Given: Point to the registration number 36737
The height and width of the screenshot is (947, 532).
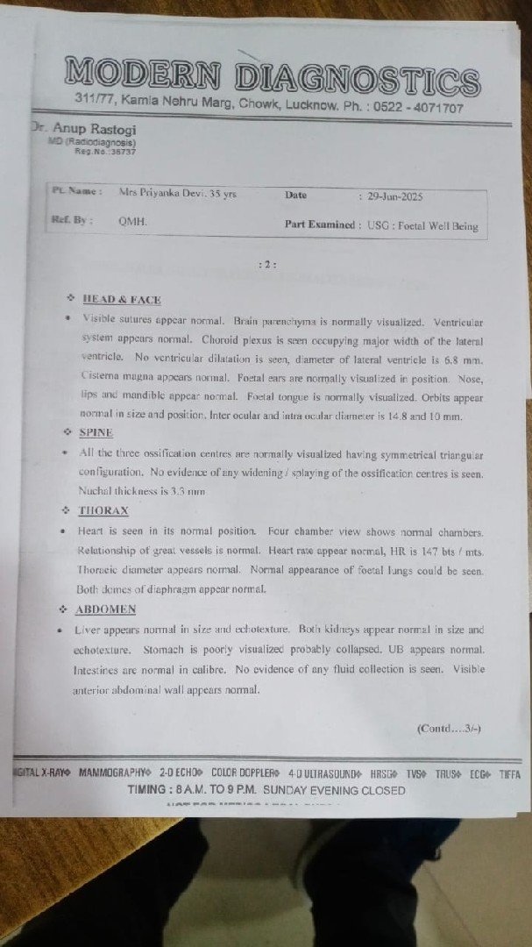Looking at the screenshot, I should (124, 152).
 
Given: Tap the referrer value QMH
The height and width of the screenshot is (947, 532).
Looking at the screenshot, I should (133, 222).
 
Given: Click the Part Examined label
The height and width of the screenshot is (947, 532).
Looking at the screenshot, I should (320, 224).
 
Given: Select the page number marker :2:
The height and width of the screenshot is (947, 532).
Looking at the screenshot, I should (267, 263).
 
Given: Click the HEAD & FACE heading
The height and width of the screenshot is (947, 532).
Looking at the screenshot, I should (122, 300).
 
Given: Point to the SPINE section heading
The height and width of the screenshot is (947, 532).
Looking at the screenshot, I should (96, 432).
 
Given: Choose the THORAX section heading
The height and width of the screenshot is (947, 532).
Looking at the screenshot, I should (104, 510).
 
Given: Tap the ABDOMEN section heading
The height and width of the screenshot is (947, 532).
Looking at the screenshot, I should (105, 609).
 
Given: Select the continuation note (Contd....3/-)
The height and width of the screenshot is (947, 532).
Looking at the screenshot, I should (449, 728).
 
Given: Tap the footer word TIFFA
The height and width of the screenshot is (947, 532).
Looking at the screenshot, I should (509, 774).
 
